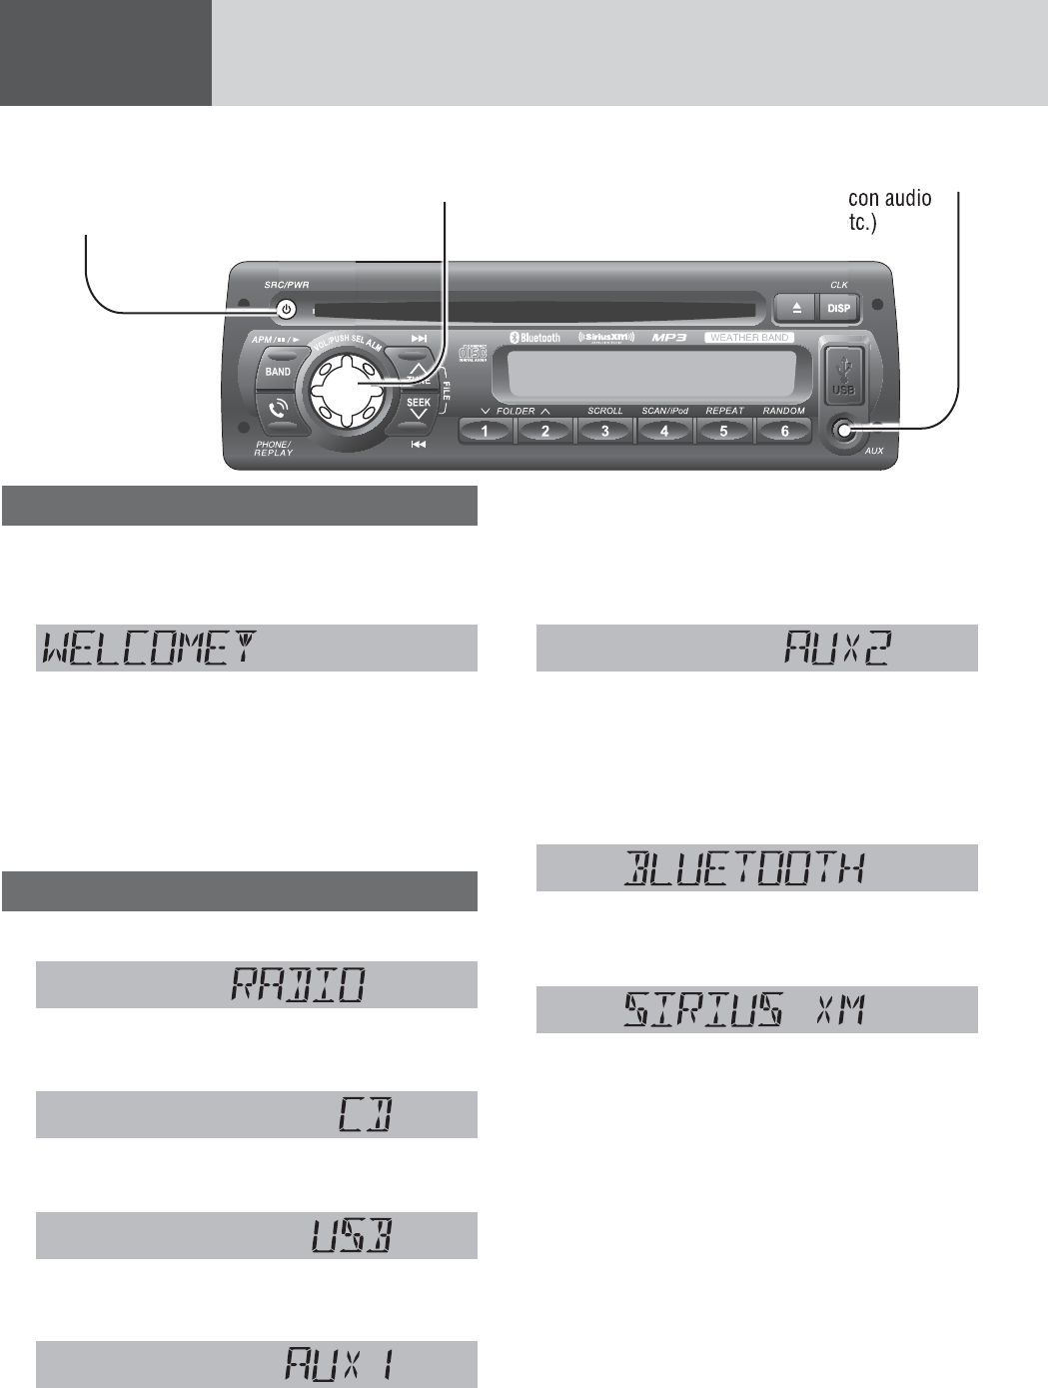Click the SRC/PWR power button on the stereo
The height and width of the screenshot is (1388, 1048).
[x=287, y=309]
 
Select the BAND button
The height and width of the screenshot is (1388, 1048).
[x=278, y=372]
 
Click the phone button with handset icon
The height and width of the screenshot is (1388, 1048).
[x=278, y=408]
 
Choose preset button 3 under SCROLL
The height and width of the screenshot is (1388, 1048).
[x=605, y=431]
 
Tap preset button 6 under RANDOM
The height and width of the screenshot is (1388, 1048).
[x=784, y=431]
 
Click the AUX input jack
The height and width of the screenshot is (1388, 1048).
[x=844, y=431]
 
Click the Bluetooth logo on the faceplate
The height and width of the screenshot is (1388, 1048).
[x=535, y=338]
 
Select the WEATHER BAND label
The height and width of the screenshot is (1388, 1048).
[x=749, y=338]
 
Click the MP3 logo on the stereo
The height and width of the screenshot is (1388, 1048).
[x=669, y=338]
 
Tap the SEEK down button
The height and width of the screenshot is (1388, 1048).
[x=419, y=407]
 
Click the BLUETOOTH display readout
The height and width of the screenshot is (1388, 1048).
[x=744, y=868]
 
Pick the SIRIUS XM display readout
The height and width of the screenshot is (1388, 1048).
[x=744, y=1010]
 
